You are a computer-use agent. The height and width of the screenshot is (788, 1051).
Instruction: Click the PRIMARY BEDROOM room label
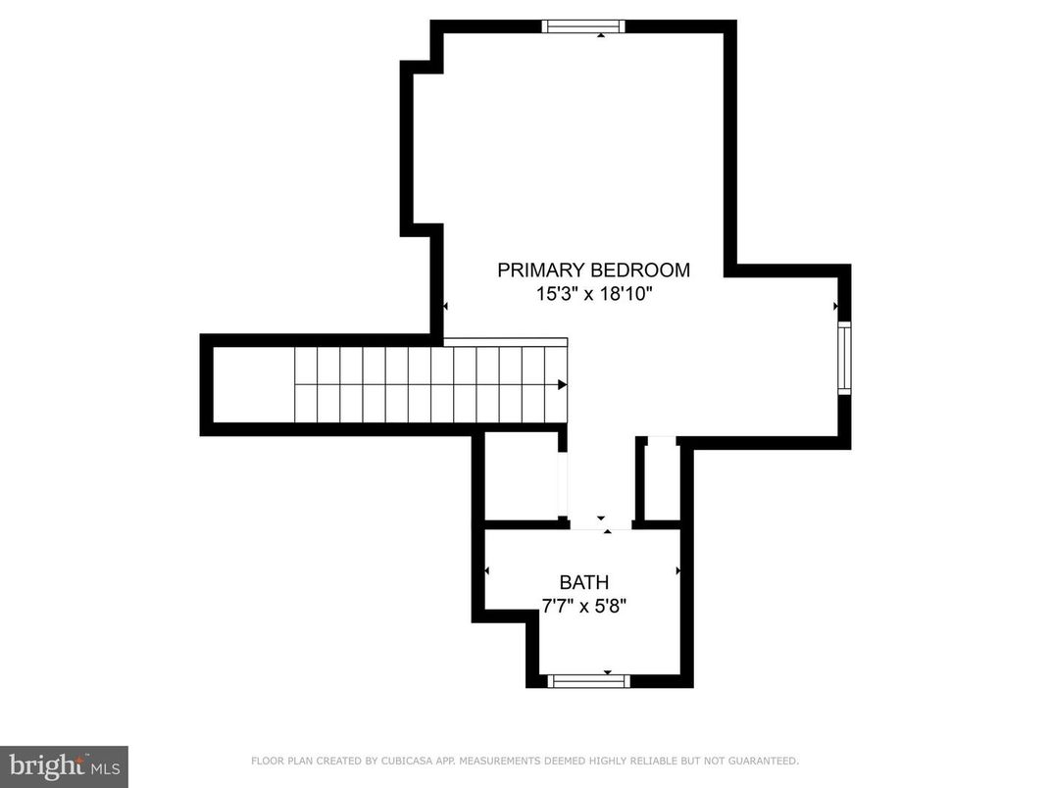coord(593,271)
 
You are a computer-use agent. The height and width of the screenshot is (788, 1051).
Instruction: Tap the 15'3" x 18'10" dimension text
coord(593,294)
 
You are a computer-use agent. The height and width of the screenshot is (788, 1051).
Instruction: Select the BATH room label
coord(584,583)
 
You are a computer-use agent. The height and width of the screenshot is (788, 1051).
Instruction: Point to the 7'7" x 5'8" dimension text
coord(584,606)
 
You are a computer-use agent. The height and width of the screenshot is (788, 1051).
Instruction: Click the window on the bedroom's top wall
coord(583,26)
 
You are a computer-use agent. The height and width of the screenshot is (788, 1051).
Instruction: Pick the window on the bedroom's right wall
coord(844,357)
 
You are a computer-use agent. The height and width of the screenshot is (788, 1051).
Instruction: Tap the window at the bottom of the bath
coord(587,681)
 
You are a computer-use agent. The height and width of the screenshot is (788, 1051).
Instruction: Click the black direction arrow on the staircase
coord(562,385)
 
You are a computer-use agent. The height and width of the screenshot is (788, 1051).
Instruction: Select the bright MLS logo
coord(64,765)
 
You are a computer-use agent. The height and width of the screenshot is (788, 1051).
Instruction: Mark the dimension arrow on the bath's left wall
coord(487,569)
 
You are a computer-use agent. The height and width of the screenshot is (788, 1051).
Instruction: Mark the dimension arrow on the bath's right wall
coord(677,569)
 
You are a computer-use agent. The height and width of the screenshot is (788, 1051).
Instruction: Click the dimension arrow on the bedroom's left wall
coord(445,307)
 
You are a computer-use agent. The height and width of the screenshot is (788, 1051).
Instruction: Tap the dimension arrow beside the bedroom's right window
coord(835,307)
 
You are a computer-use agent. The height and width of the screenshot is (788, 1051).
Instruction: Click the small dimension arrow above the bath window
coord(608,672)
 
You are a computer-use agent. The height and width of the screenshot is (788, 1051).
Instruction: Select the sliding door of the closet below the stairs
coord(562,484)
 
